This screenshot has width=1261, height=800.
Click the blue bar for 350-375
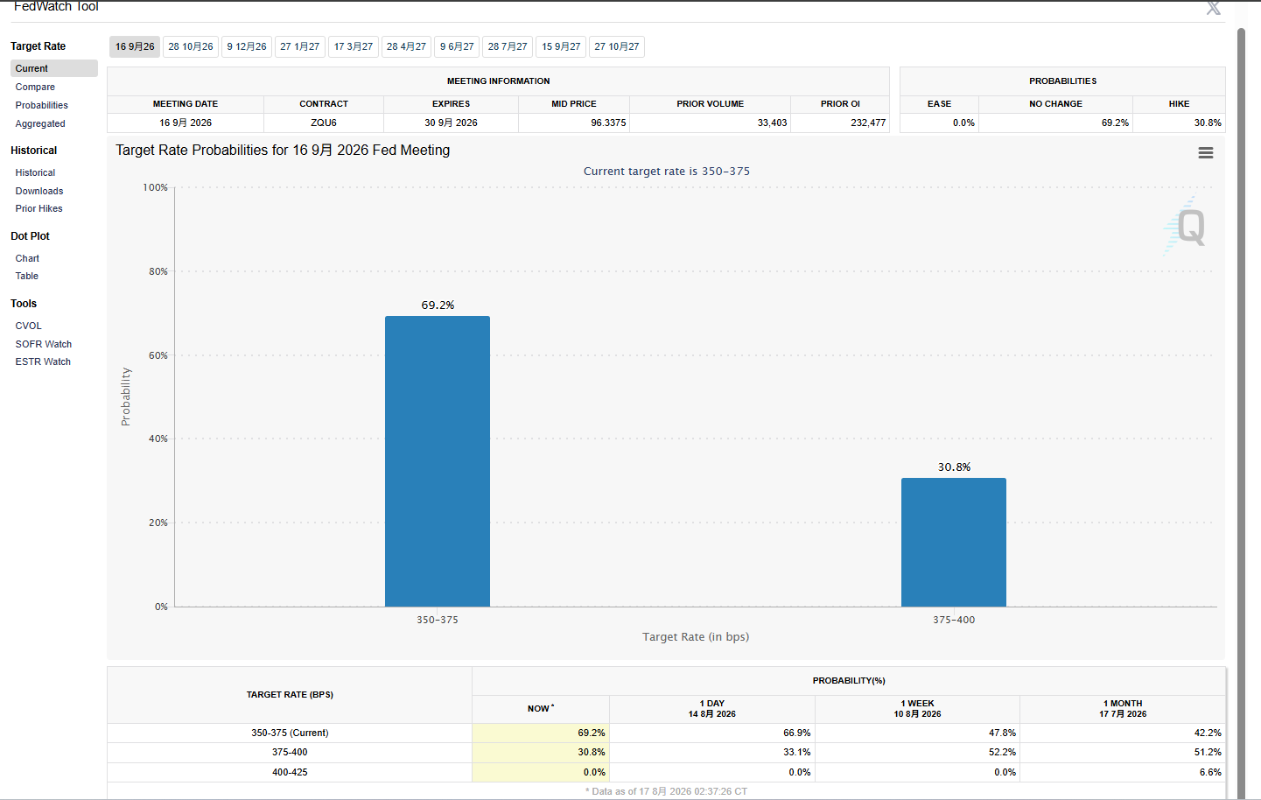(438, 461)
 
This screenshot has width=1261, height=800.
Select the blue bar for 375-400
(954, 542)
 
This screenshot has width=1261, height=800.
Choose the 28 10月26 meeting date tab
(190, 46)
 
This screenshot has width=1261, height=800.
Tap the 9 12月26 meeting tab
(247, 46)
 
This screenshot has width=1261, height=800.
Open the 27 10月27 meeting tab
(616, 46)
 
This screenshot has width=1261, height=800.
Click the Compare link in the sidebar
(35, 87)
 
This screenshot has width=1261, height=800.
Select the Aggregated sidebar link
(40, 123)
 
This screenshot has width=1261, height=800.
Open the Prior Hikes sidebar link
(39, 208)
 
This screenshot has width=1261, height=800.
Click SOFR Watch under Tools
(44, 344)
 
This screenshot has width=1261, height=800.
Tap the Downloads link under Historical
(39, 191)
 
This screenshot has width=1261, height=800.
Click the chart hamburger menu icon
(1205, 152)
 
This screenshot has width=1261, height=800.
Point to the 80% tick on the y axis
(158, 271)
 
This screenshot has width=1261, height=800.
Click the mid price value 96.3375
(608, 123)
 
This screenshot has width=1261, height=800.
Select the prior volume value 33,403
(772, 123)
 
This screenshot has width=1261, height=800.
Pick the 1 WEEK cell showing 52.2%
(1002, 752)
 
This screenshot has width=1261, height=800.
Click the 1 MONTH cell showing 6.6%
(1210, 772)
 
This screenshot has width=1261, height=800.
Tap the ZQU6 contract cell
(324, 123)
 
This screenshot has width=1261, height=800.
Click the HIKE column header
(1179, 103)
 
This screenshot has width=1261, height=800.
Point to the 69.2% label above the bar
(438, 305)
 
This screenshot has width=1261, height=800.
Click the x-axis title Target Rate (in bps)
(695, 636)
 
